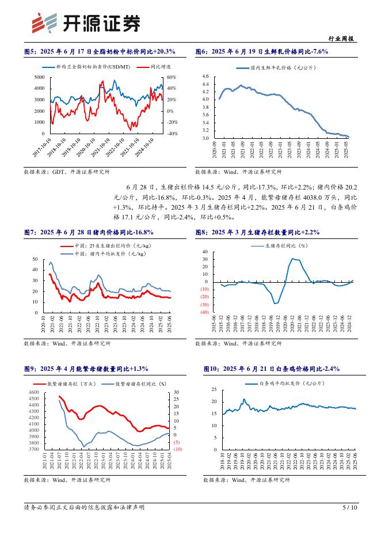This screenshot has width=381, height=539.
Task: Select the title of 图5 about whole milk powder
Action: pyautogui.click(x=100, y=52)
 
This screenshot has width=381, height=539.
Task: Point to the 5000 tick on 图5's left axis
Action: pyautogui.click(x=40, y=77)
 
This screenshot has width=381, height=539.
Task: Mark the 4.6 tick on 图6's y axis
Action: pyautogui.click(x=205, y=76)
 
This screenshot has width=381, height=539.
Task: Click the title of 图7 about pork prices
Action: pyautogui.click(x=92, y=232)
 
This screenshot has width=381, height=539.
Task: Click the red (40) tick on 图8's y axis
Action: pyautogui.click(x=204, y=312)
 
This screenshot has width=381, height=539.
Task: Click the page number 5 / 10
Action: pyautogui.click(x=350, y=507)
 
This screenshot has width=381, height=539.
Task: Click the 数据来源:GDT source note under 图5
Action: pyautogui.click(x=67, y=172)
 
